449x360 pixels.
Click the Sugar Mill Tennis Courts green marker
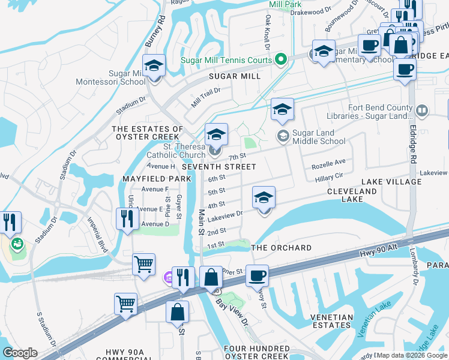click(280, 59)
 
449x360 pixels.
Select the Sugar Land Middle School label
click(318, 137)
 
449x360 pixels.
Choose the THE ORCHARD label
click(281, 248)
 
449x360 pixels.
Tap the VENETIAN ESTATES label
click(331, 320)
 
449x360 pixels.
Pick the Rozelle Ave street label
click(328, 162)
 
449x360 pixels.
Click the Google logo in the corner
click(20, 353)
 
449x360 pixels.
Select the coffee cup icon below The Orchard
click(257, 276)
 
